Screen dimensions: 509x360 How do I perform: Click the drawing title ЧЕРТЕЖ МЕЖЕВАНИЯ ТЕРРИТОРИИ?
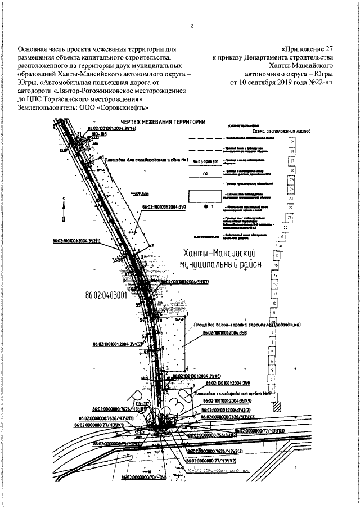click(x=159, y=122)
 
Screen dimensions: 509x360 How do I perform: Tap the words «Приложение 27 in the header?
click(x=309, y=48)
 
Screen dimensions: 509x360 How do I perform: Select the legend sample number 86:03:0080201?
click(x=205, y=161)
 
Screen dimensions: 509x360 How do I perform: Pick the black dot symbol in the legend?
click(x=206, y=208)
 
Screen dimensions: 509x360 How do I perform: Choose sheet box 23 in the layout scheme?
click(x=291, y=199)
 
